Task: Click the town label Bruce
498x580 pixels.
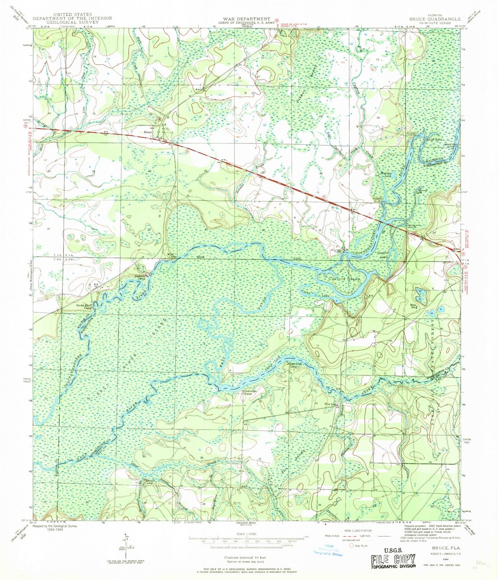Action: pos(148,132)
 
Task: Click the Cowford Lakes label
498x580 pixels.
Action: pos(383,255)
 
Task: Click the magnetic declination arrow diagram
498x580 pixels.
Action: pos(126,547)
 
